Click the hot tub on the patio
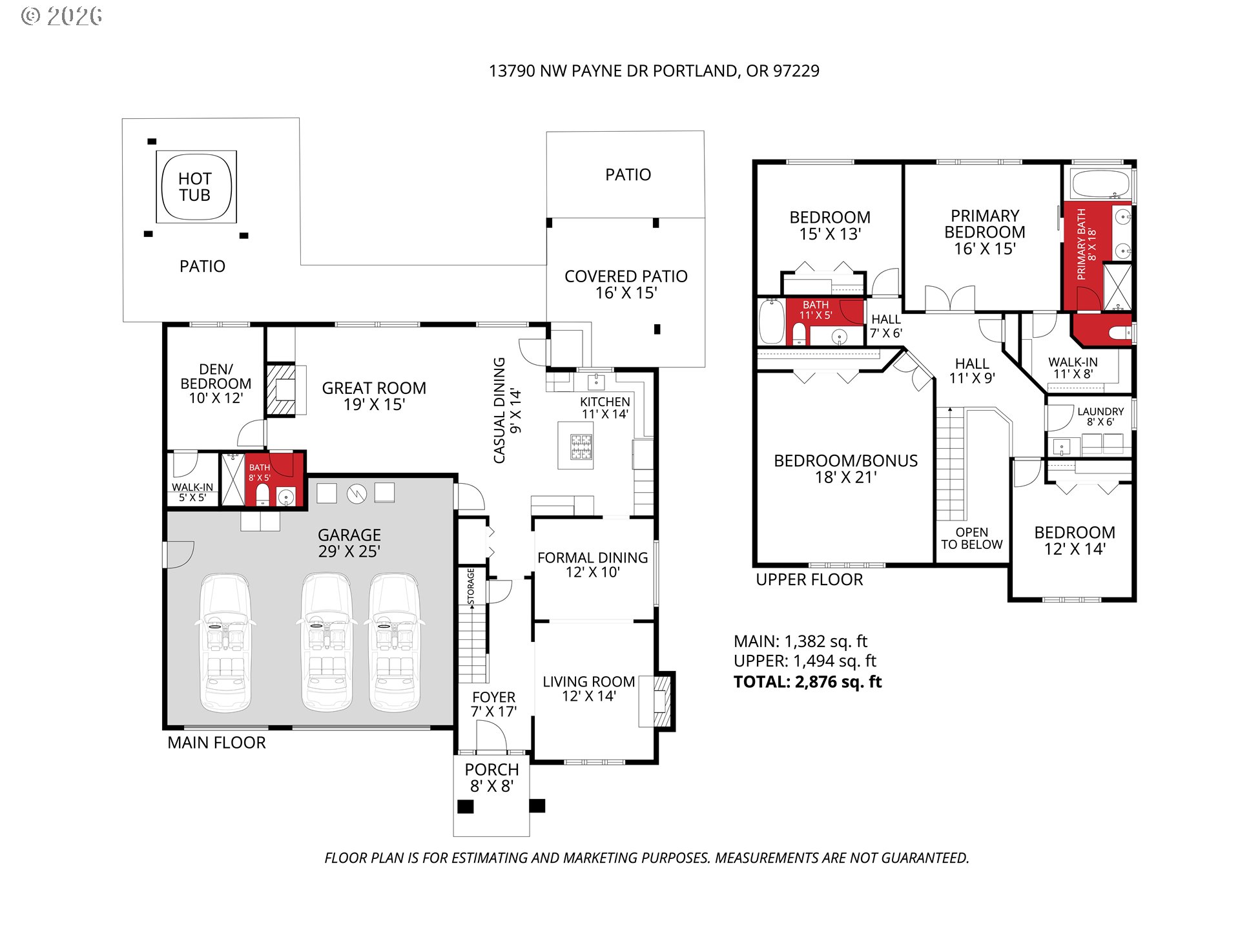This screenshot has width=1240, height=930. coord(196,187)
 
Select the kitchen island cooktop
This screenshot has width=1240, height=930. coord(581,447)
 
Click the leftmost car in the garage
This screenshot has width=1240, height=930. coord(224,643)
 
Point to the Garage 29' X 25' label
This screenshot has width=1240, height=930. coord(349,543)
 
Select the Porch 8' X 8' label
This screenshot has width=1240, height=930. coord(492,778)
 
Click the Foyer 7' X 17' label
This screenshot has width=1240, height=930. coord(494,705)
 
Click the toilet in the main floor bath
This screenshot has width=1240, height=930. coord(262,494)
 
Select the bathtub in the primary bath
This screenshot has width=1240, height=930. coord(1100,184)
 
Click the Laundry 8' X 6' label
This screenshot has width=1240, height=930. coord(1100,417)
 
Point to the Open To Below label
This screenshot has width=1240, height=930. coord(972,539)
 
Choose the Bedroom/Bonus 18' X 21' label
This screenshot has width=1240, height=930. coord(846,469)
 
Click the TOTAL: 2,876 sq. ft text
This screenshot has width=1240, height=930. coord(808,682)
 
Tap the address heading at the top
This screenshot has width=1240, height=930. coord(654,71)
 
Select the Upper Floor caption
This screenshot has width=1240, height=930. coord(809,580)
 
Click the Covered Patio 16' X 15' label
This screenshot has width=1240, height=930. coord(626,285)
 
